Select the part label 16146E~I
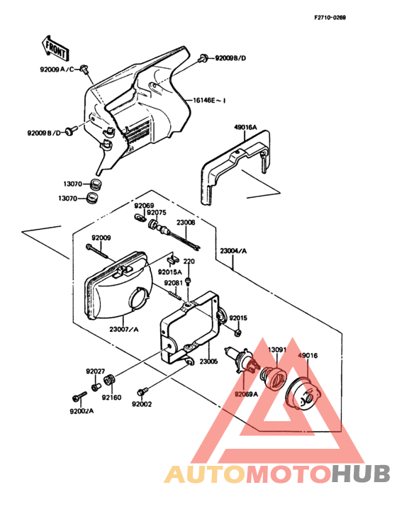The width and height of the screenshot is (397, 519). (209, 101)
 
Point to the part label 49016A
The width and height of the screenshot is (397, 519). (245, 128)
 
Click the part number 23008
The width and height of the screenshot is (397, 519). (186, 223)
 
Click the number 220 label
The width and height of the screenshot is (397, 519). (189, 262)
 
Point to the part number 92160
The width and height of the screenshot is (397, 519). (111, 398)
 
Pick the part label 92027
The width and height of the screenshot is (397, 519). (96, 371)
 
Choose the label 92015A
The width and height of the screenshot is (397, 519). (169, 272)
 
